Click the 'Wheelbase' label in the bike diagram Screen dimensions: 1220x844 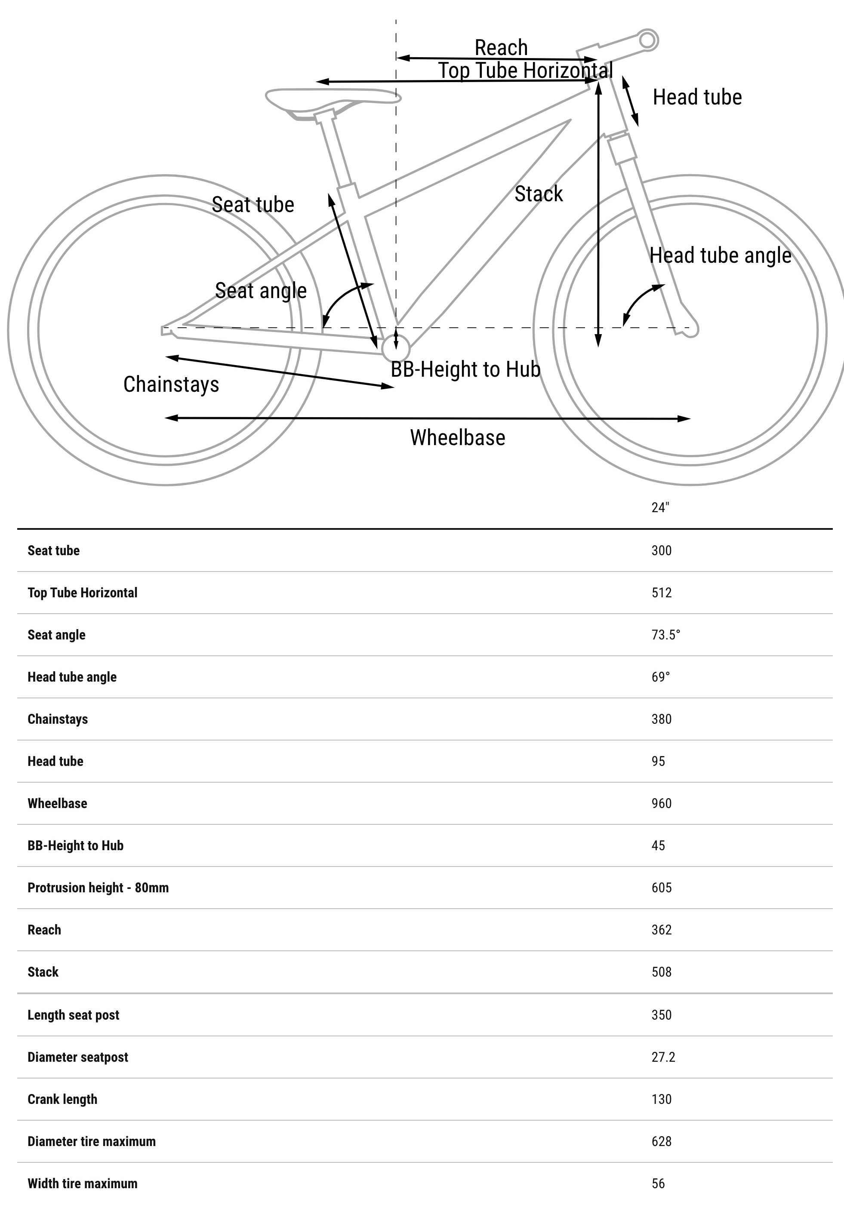(x=457, y=438)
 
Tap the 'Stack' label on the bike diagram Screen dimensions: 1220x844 (x=538, y=194)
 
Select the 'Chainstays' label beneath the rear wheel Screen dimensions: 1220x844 (x=171, y=384)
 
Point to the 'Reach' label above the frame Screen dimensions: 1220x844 (x=501, y=48)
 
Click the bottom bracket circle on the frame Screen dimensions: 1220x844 (x=396, y=348)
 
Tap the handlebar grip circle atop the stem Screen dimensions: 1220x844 (x=647, y=40)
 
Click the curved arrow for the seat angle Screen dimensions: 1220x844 (x=341, y=298)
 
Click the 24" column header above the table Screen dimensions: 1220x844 (x=660, y=507)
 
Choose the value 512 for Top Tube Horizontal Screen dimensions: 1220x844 (x=661, y=593)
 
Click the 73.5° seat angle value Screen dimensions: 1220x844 (x=665, y=635)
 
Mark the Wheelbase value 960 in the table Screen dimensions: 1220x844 (x=661, y=803)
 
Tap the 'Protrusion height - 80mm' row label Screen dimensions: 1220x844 (x=98, y=888)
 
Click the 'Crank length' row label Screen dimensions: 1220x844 (x=62, y=1099)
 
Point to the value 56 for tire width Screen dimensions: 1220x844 (x=658, y=1183)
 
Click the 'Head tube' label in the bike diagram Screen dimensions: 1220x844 (x=697, y=97)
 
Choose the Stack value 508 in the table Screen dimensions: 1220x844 (x=661, y=972)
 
